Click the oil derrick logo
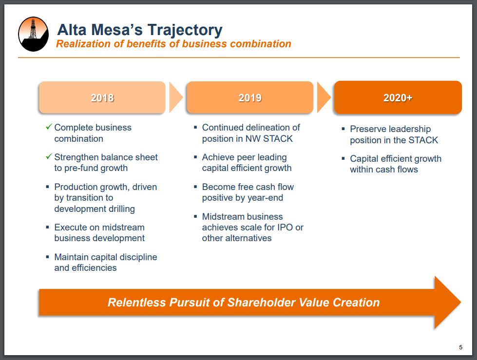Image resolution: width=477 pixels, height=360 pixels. click(34, 34)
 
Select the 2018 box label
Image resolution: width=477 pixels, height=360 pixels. click(102, 97)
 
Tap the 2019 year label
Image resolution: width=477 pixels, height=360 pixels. click(250, 97)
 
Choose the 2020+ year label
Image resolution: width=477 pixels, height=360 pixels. click(398, 97)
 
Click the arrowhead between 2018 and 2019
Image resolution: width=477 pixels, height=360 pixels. click(176, 97)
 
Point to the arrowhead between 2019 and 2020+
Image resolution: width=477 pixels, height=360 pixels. click(324, 97)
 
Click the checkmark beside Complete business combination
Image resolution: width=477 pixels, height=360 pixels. click(49, 127)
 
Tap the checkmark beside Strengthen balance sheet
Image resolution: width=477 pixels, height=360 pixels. click(49, 156)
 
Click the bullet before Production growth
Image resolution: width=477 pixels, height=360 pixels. click(47, 187)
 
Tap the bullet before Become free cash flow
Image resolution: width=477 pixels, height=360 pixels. click(195, 187)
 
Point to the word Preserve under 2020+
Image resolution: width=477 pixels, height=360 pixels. click(367, 129)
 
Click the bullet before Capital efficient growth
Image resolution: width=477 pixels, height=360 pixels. click(343, 158)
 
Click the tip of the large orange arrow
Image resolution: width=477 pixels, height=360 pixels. click(460, 302)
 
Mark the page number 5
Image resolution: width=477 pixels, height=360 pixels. click(460, 347)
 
